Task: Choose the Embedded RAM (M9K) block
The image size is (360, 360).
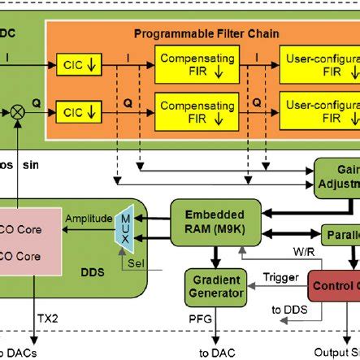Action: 207,221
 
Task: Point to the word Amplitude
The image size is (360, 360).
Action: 89,219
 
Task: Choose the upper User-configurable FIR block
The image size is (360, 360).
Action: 321,65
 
